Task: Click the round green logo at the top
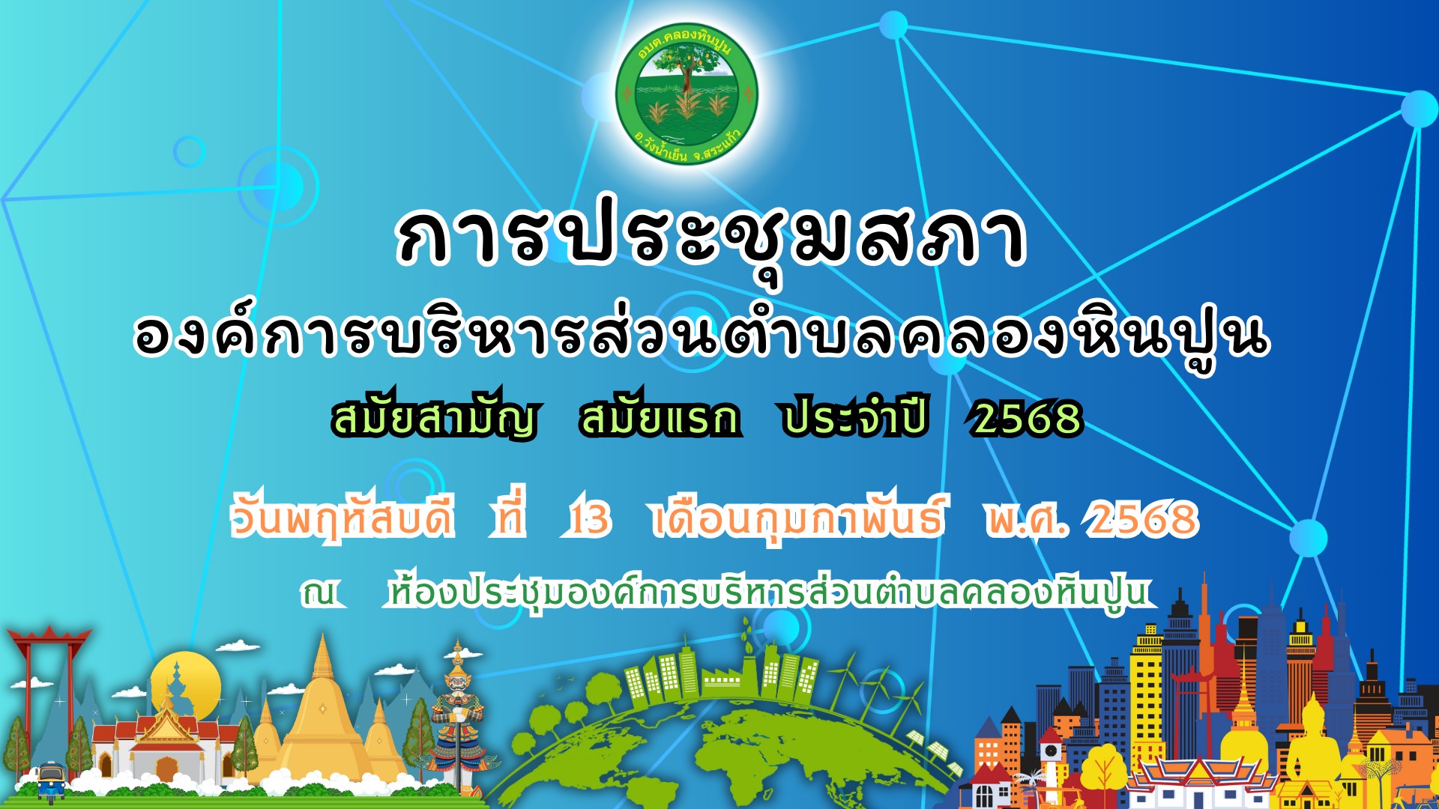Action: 687,94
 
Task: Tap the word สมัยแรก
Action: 660,417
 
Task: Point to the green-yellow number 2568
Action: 1027,418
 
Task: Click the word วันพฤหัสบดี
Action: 343,517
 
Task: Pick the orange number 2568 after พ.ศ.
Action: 1143,518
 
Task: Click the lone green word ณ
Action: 321,593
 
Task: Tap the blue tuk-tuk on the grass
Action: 51,779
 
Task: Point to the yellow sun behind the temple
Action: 185,685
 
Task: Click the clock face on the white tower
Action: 1051,750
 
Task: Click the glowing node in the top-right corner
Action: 1419,109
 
